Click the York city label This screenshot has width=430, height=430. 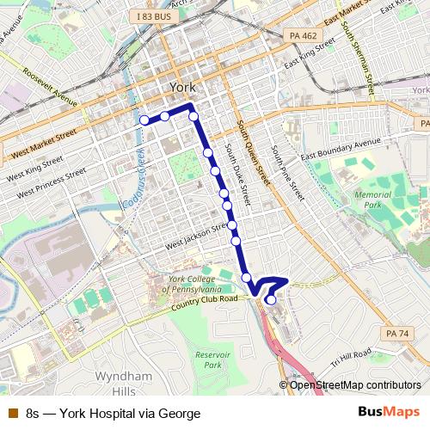[x=183, y=88]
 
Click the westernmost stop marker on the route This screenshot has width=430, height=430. [x=144, y=120]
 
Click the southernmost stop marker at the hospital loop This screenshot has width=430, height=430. [x=271, y=300]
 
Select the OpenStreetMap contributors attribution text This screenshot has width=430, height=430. [x=355, y=384]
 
